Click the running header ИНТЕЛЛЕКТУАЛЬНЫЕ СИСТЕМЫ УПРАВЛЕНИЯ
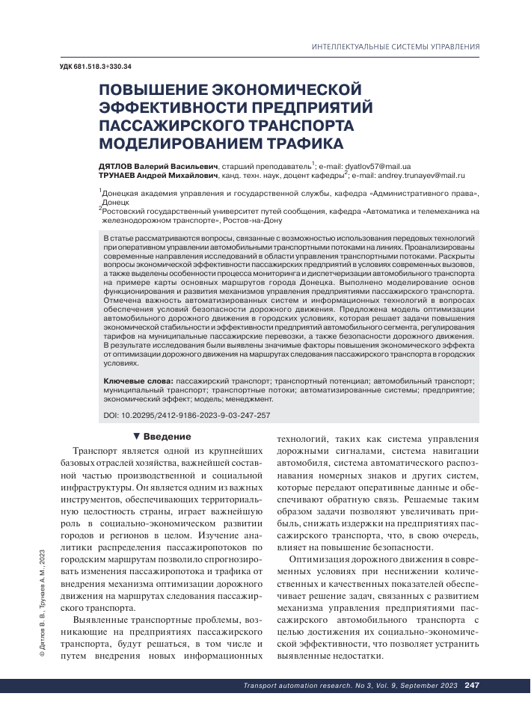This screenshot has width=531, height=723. click(x=395, y=47)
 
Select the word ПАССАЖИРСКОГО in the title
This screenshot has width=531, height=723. click(x=180, y=124)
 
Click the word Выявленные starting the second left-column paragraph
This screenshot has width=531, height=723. click(x=100, y=621)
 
